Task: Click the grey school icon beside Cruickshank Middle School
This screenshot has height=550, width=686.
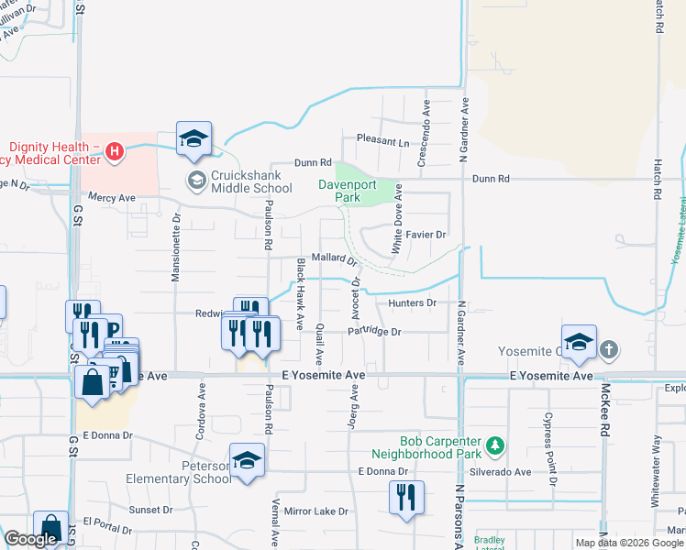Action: pyautogui.click(x=195, y=181)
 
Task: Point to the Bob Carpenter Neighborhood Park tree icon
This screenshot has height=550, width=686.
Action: pyautogui.click(x=496, y=445)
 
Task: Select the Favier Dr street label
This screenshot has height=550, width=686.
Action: pyautogui.click(x=426, y=235)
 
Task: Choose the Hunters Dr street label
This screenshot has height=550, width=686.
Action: pyautogui.click(x=411, y=302)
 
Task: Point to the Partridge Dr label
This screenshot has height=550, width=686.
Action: pyautogui.click(x=374, y=332)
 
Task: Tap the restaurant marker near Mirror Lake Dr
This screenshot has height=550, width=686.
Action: pyautogui.click(x=404, y=498)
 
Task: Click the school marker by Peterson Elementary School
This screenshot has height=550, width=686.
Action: pyautogui.click(x=248, y=460)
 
